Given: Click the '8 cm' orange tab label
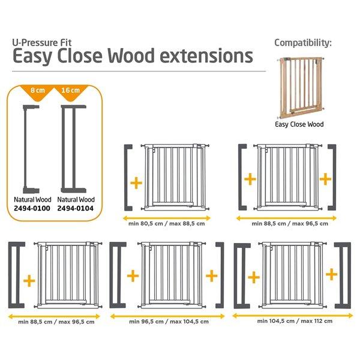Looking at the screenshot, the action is click(x=38, y=90).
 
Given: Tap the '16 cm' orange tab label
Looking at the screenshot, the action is click(x=70, y=90).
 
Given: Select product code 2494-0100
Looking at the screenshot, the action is click(x=32, y=208).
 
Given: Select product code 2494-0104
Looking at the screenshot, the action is click(x=76, y=208).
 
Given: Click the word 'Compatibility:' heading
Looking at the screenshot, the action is click(x=303, y=43).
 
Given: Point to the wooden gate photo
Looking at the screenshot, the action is click(x=301, y=87).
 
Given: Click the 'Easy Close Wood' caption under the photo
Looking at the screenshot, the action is click(x=299, y=124).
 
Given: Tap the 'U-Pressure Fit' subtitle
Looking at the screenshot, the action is click(x=42, y=43).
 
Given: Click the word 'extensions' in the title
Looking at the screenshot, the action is click(x=206, y=56).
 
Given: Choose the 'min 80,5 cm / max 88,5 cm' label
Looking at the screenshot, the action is click(x=167, y=224).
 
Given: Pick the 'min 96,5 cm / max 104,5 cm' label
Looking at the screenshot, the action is click(x=169, y=322).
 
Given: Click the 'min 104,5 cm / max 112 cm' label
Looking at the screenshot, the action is click(x=295, y=321).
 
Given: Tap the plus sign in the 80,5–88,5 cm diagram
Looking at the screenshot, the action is click(x=136, y=183).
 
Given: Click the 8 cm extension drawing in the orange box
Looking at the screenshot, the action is click(x=31, y=149).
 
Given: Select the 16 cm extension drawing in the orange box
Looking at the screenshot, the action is click(x=73, y=149).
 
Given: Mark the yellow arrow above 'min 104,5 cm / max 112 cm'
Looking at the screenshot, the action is click(x=293, y=316).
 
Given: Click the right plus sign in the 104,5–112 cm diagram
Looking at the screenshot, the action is click(x=332, y=274).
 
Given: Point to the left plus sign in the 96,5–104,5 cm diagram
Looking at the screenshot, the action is click(x=133, y=276).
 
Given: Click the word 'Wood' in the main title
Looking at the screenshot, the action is click(x=131, y=56).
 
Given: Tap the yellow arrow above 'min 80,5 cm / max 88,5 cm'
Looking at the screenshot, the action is click(x=167, y=218).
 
